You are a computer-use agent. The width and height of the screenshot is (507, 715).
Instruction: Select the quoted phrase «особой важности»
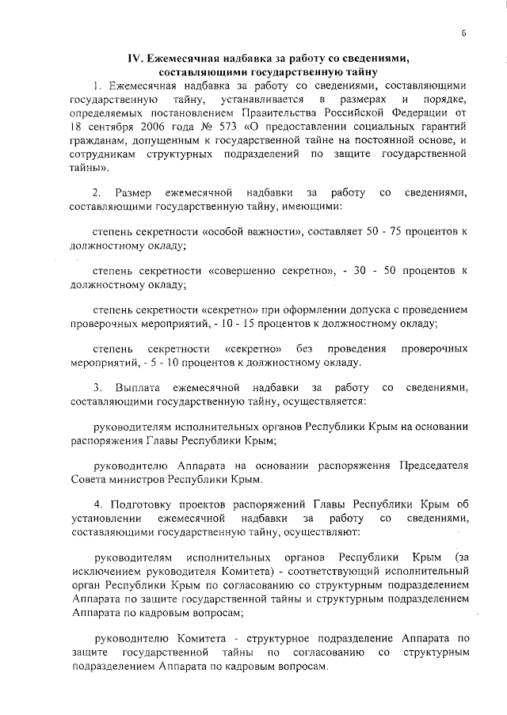click(x=253, y=230)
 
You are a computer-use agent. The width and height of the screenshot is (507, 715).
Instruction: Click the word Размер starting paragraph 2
click(x=134, y=192)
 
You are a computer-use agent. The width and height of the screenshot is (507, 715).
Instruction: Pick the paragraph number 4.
click(x=96, y=504)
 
